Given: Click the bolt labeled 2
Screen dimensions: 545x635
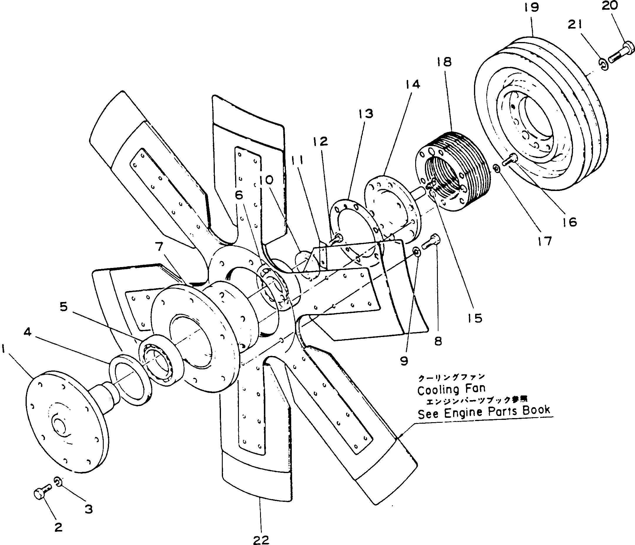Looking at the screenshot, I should point(42,493).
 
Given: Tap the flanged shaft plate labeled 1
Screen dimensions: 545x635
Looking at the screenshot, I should point(66,420).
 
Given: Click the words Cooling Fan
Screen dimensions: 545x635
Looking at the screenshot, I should point(451,390).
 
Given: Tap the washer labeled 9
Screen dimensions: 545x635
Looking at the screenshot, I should point(416,252).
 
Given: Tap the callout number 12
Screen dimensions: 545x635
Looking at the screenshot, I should point(321,141).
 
